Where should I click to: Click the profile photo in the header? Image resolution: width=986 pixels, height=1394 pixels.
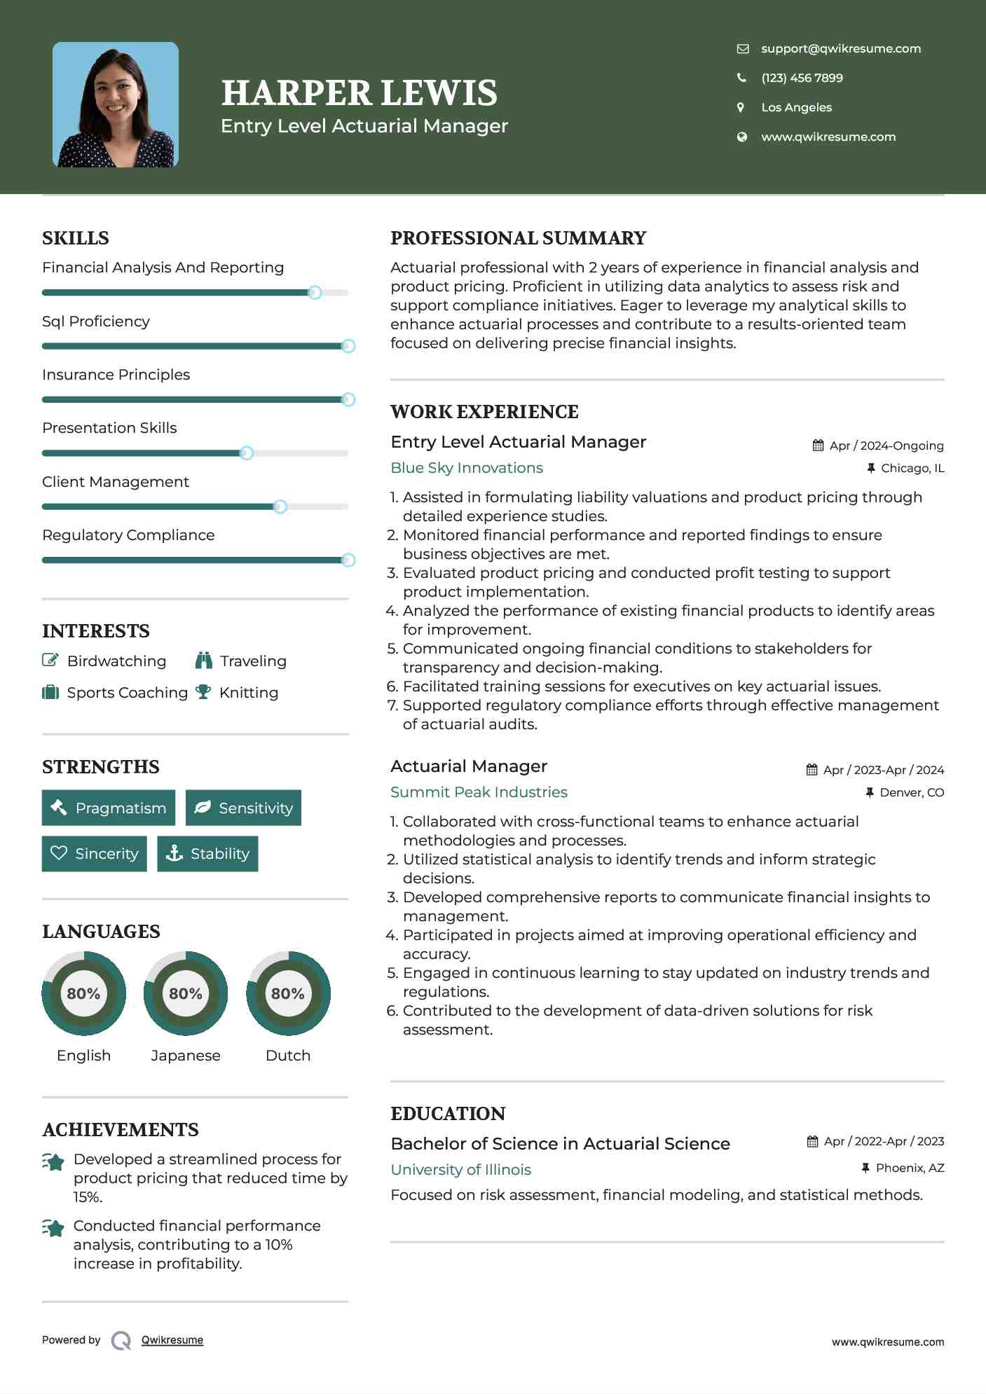[116, 105]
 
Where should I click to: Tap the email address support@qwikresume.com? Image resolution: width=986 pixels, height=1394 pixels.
[840, 48]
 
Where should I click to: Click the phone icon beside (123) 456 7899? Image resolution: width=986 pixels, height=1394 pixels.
[741, 78]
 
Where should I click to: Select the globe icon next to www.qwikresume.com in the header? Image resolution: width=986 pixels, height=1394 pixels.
[741, 137]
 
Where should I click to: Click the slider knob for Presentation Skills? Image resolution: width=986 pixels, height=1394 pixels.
[246, 453]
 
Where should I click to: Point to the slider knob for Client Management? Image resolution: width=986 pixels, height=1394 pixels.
[280, 506]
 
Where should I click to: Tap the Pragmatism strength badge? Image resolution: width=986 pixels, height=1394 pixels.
[109, 808]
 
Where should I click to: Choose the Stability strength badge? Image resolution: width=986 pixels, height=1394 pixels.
[207, 853]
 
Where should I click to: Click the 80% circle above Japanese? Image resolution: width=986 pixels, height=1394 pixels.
[186, 993]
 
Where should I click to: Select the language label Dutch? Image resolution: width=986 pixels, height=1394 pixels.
[287, 1055]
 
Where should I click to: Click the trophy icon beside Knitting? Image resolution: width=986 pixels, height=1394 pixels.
[203, 692]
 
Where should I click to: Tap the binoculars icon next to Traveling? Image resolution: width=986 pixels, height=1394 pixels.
[204, 661]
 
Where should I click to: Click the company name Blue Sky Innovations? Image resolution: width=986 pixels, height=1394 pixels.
[467, 467]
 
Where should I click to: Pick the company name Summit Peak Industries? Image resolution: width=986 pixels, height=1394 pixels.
[479, 792]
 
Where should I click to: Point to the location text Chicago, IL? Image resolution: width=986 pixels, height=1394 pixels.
[912, 468]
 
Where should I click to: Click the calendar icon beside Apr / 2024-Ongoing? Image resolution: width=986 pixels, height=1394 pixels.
[818, 446]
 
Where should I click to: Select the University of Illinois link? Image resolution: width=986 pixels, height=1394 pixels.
[460, 1169]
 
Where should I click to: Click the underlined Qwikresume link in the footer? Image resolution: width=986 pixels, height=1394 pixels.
[172, 1339]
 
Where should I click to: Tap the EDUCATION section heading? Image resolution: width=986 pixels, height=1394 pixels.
[448, 1113]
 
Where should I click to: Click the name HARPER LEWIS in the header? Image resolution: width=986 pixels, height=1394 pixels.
[359, 92]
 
